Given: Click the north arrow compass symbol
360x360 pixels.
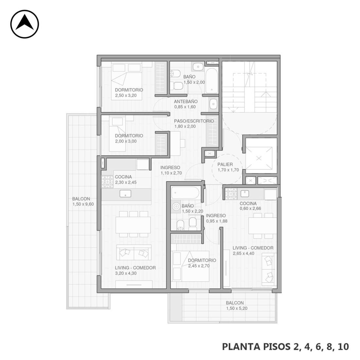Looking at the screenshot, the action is (25, 24).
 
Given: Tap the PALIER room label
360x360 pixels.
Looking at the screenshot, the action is (225, 164).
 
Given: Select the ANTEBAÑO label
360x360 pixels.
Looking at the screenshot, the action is (186, 101).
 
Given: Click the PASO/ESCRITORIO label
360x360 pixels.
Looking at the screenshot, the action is (194, 121).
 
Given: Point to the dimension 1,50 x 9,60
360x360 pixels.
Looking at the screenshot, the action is (83, 204).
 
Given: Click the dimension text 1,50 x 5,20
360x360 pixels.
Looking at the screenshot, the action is (237, 308).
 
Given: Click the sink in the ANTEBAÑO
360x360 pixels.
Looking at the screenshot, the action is (213, 104).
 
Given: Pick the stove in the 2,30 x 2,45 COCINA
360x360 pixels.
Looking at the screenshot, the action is (107, 182).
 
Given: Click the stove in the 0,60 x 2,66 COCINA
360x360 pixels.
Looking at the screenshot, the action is (231, 194).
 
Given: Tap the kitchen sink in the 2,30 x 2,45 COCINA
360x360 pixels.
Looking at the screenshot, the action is (125, 194).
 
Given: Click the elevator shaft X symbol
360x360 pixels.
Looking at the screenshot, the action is (259, 158).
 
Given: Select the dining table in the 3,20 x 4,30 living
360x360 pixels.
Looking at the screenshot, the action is (133, 225).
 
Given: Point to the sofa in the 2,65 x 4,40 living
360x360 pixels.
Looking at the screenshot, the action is (269, 269).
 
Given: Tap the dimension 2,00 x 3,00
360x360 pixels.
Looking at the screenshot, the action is (126, 141).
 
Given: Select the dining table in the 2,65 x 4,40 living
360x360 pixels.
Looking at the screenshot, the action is (263, 226).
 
